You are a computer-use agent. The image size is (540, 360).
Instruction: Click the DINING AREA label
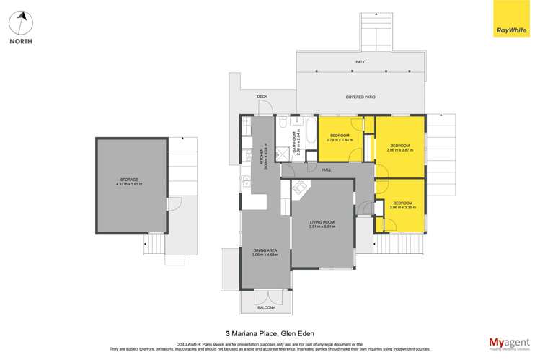click(265, 250)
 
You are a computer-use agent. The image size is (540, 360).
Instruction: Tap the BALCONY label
click(265, 308)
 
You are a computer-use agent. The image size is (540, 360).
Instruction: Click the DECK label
click(262, 97)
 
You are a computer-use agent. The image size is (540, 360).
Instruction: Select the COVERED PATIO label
click(360, 97)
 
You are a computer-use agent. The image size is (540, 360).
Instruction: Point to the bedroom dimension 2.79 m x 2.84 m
click(340, 140)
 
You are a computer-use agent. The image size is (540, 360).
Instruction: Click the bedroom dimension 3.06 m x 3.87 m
click(399, 151)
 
